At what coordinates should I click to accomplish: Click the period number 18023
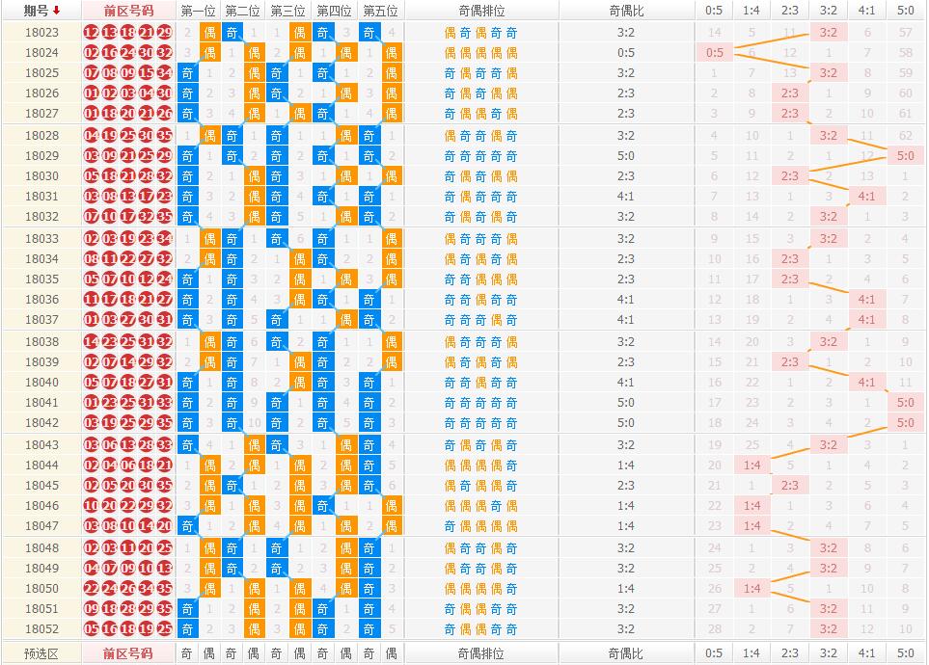(x=41, y=32)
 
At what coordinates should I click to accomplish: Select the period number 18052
(x=41, y=629)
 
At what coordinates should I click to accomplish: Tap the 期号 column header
(x=37, y=11)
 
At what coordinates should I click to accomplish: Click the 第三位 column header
(x=287, y=11)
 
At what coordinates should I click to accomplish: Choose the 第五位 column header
(x=379, y=11)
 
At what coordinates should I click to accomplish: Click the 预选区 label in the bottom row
(x=41, y=653)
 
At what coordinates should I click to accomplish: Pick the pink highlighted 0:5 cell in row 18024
(x=714, y=52)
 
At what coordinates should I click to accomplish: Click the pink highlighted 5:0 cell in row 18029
(x=905, y=155)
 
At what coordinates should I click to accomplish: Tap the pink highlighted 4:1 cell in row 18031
(x=866, y=196)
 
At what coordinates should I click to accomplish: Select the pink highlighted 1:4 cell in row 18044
(x=752, y=465)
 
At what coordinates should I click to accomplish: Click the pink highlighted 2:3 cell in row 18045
(x=790, y=486)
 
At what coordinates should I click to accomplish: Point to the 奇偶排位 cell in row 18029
(x=480, y=155)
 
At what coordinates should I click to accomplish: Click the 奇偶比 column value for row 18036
(x=625, y=300)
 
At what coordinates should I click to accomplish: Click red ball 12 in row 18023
(x=92, y=32)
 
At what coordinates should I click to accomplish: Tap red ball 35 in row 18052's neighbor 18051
(x=164, y=609)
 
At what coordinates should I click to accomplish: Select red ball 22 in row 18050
(x=92, y=589)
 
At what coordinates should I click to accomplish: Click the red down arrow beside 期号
(x=56, y=11)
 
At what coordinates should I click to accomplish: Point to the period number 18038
(x=41, y=342)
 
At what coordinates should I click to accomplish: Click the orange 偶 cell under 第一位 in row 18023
(x=209, y=32)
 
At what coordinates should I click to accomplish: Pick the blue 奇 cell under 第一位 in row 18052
(x=187, y=629)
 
